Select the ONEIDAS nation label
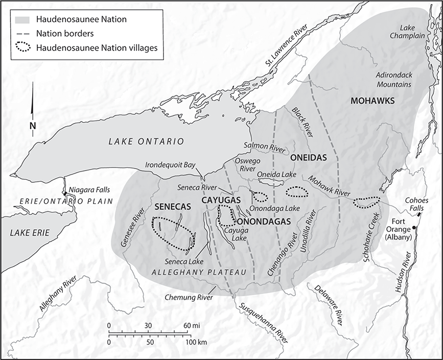click(308, 158)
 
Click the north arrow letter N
click(33, 126)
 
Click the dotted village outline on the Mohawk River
click(367, 203)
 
